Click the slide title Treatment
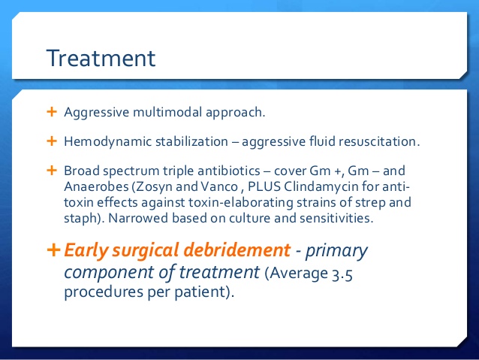(x=101, y=58)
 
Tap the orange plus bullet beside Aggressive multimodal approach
(x=52, y=112)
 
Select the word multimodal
(x=167, y=112)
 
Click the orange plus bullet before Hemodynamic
(x=52, y=141)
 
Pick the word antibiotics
(x=229, y=171)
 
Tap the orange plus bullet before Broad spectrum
(x=52, y=170)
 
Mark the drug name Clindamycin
(x=321, y=186)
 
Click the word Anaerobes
(x=96, y=186)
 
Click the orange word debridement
(x=237, y=250)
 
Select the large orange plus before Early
(x=53, y=250)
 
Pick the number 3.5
(x=342, y=274)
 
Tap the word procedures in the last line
(x=104, y=292)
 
